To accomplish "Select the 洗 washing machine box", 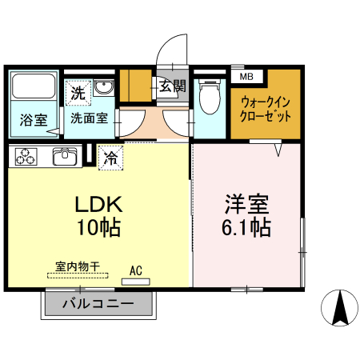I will [78, 93].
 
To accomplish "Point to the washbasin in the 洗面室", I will [104, 87].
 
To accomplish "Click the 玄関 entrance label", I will [171, 86].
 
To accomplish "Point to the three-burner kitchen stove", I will [26, 157].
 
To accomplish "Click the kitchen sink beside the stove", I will [64, 156].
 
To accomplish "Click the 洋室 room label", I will [246, 202].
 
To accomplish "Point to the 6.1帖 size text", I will [246, 227].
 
